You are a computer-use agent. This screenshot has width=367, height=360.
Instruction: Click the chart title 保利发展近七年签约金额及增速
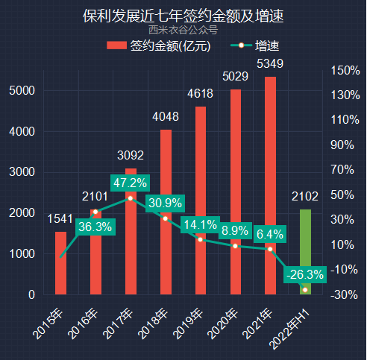tap(183, 15)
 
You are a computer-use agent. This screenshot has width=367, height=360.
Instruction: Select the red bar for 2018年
tap(166, 212)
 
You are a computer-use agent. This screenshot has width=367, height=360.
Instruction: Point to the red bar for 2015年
tap(60, 262)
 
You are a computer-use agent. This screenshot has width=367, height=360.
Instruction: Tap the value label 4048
tap(166, 117)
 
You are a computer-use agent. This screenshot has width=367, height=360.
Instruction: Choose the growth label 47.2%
tap(131, 183)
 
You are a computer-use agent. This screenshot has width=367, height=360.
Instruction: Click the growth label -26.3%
tap(305, 275)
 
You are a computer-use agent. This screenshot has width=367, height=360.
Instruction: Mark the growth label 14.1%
tap(200, 224)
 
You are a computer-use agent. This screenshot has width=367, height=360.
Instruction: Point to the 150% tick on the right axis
tap(345, 71)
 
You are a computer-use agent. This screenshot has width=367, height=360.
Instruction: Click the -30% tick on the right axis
tap(345, 294)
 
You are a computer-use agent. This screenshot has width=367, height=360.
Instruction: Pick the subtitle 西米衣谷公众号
tap(183, 31)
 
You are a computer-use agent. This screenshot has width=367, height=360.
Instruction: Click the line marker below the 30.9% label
tap(166, 218)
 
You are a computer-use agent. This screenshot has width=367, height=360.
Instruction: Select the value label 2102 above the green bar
tap(305, 197)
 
